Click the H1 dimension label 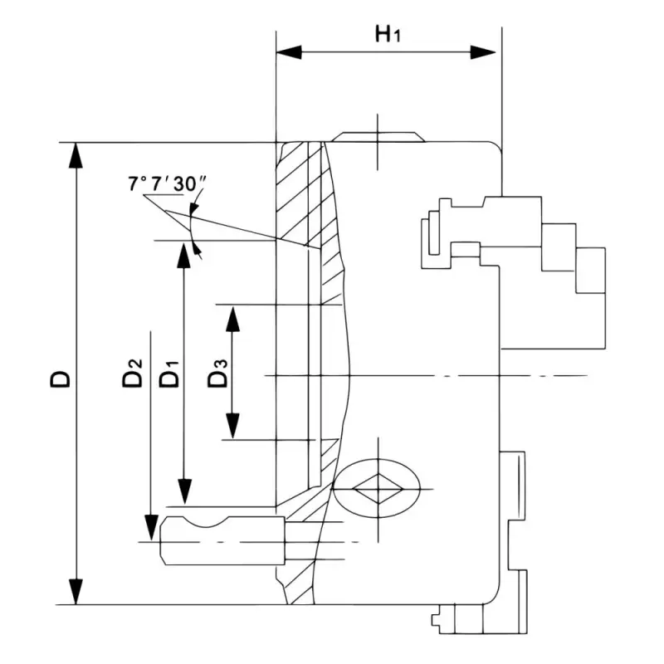(x=388, y=35)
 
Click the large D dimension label (x=61, y=378)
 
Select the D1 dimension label (x=168, y=374)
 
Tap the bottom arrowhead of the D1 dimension (x=184, y=492)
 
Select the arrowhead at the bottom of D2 (x=150, y=527)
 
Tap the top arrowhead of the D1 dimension (x=184, y=254)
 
